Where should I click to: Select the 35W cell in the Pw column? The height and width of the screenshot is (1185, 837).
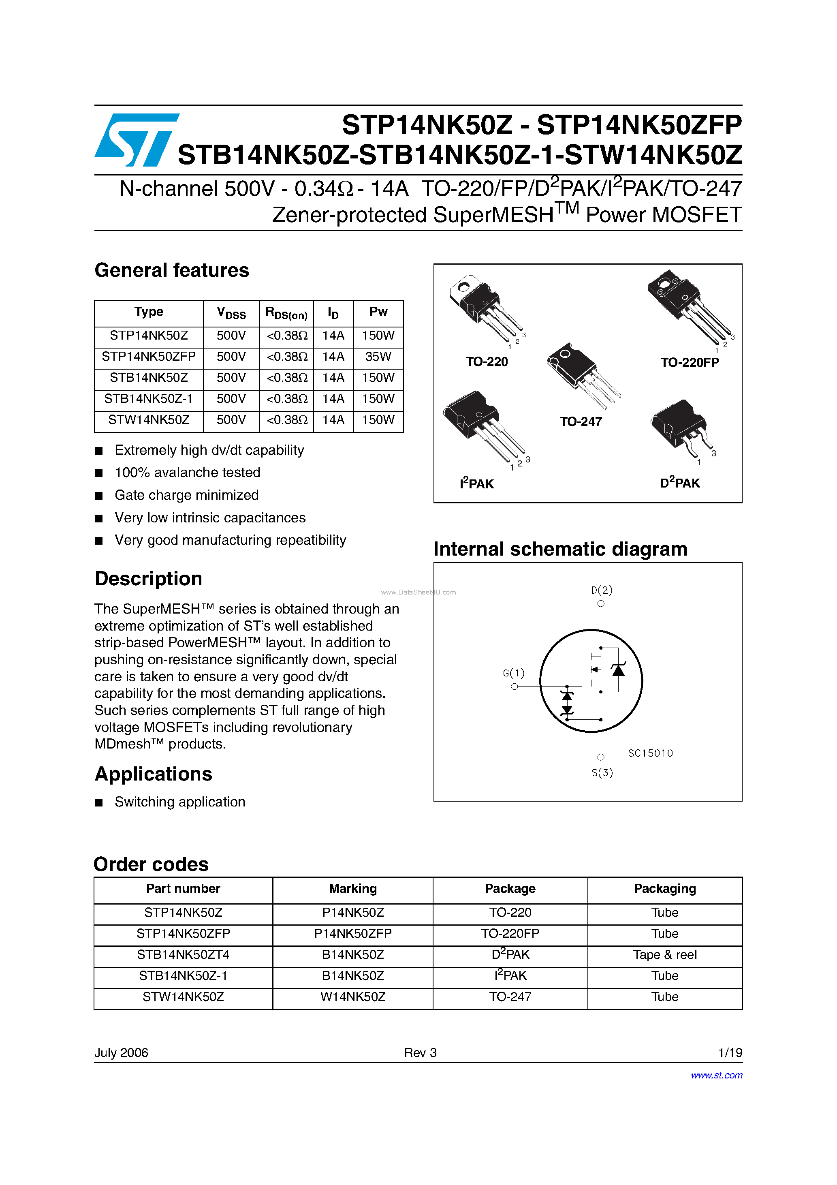click(378, 357)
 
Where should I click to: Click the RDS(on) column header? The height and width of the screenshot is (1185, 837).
click(286, 313)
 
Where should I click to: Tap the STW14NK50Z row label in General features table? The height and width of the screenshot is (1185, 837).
click(149, 419)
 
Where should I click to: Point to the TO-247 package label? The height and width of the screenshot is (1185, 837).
click(581, 421)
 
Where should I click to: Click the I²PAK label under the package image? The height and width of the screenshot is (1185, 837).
click(476, 483)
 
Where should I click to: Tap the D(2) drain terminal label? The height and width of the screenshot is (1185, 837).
click(602, 590)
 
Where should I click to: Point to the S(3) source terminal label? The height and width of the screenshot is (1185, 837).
click(602, 772)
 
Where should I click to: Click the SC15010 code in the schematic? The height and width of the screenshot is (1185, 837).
click(650, 753)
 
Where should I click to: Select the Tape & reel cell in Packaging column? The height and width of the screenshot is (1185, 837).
click(665, 955)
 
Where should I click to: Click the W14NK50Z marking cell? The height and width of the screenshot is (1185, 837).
click(353, 997)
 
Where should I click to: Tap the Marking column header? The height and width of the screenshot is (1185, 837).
click(353, 889)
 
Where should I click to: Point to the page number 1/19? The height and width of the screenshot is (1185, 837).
click(730, 1052)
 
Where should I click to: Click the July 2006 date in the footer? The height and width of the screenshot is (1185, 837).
click(121, 1052)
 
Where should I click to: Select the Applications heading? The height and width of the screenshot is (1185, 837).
click(153, 774)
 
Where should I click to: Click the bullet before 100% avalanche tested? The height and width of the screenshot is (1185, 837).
click(99, 473)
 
